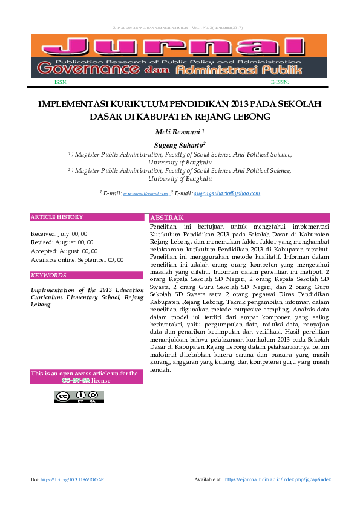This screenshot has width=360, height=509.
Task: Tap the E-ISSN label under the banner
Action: tap(280, 82)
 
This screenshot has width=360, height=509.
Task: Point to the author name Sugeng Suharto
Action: tap(179, 145)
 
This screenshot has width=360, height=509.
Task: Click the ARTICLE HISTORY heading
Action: tap(57, 217)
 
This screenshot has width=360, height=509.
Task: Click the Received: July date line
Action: tap(59, 233)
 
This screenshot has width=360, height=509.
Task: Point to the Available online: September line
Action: tap(77, 259)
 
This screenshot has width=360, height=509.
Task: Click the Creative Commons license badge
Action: tap(79, 397)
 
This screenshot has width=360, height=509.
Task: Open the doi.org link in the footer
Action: tap(72, 479)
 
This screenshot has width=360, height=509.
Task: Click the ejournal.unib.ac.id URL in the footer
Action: tap(278, 479)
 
